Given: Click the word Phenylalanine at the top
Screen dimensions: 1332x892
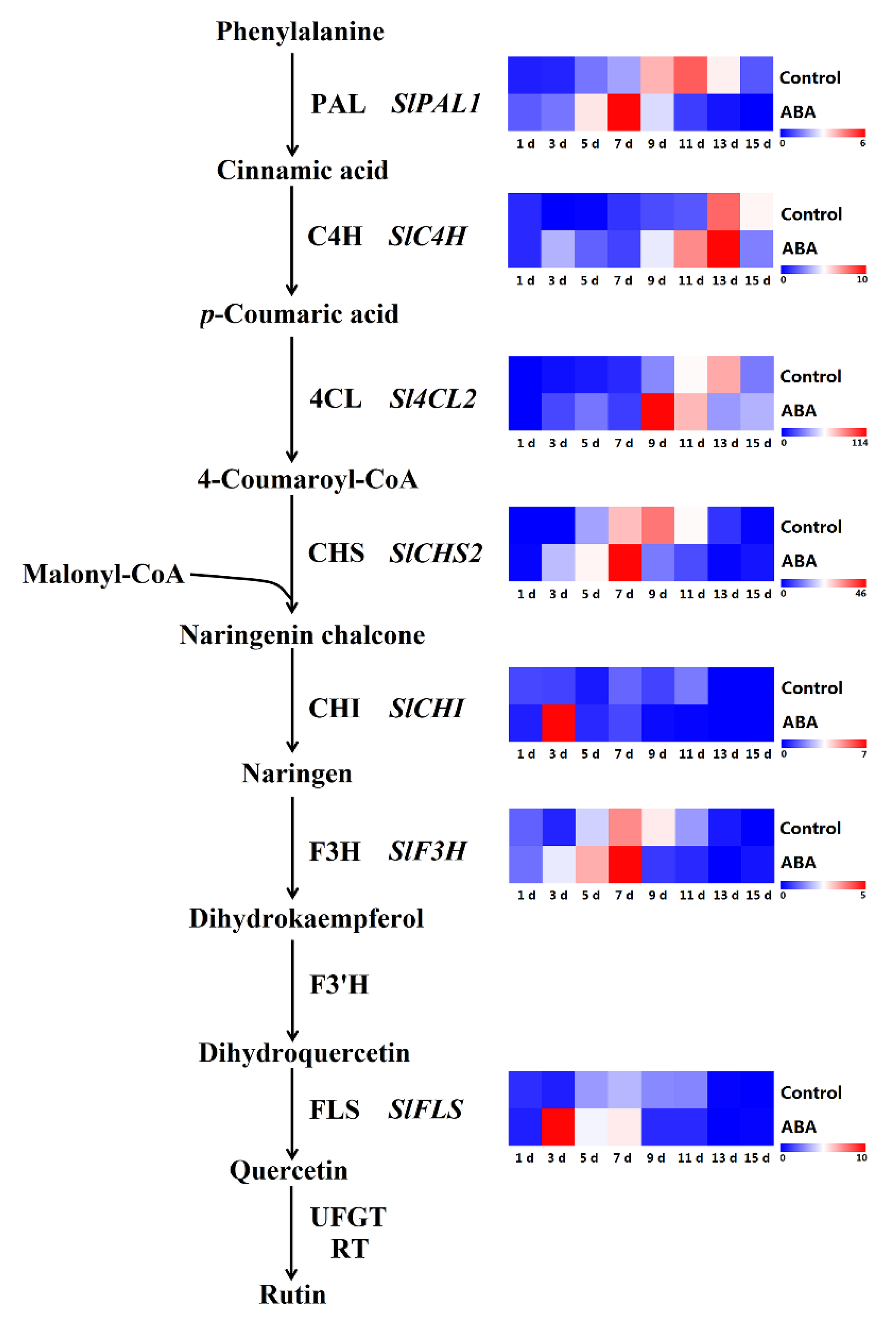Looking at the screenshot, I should coord(300,31).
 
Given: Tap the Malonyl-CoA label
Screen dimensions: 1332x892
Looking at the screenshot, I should coord(104,574).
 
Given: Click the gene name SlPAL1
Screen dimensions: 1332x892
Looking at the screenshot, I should coord(436,104).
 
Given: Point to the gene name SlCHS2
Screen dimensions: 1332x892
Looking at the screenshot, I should coord(436,553).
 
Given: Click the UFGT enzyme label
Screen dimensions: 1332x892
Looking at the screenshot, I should coord(348,1217).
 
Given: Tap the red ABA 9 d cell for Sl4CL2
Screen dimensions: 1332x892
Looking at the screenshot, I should coord(658,411).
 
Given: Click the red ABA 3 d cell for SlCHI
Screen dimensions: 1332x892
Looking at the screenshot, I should coord(558,723).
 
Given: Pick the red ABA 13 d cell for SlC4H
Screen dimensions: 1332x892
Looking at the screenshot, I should coord(724,249).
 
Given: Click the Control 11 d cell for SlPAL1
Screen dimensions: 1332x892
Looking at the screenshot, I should coord(691,74).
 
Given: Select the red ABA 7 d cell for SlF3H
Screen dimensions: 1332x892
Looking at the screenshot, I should coord(625,864).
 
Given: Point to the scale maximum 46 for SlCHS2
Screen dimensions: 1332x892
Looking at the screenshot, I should coord(860,593).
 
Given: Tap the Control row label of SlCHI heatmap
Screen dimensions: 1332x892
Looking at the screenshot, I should coord(811,688).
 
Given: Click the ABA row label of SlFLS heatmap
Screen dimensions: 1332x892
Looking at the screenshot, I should coord(799,1127).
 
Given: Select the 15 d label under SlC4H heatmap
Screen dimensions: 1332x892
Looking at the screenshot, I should coord(757,281).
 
